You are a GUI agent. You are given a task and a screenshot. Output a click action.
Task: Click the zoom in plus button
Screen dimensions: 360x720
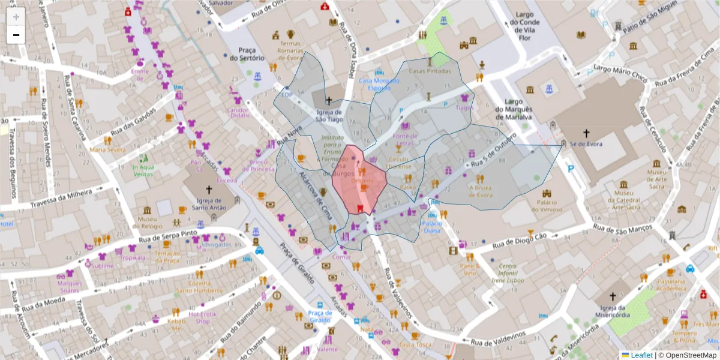(16, 16)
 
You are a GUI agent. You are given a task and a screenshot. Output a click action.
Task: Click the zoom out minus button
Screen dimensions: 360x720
(16, 35)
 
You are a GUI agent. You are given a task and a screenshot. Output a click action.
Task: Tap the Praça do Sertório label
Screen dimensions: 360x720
(247, 54)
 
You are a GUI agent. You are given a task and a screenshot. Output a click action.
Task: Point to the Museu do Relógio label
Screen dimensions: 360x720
(147, 222)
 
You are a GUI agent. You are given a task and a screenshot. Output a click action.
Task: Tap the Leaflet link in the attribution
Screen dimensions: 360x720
(641, 355)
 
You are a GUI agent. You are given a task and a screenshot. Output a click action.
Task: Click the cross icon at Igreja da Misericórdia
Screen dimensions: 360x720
(613, 296)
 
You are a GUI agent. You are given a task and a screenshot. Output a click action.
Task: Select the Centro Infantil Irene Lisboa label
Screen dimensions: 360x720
(508, 273)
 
